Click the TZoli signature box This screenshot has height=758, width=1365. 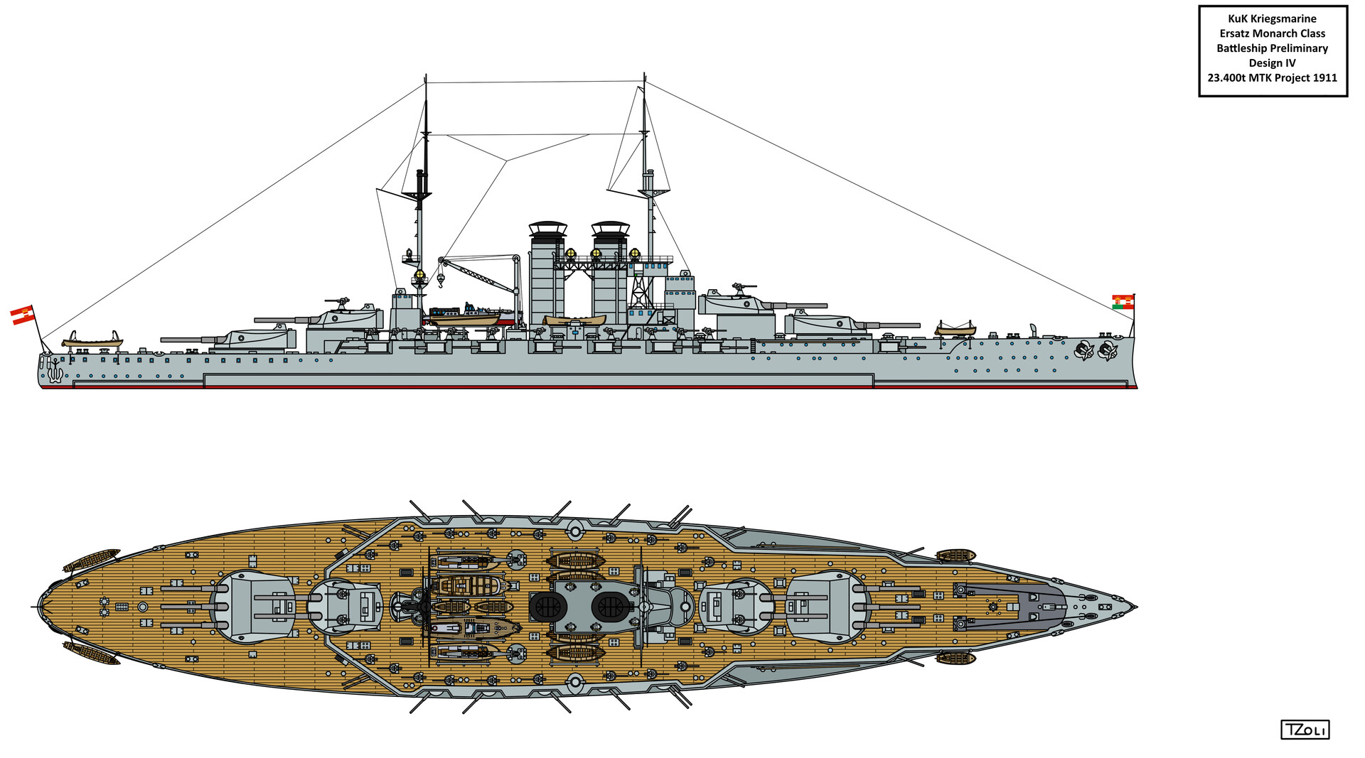coord(1305,730)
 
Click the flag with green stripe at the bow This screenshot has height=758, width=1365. coord(1123,301)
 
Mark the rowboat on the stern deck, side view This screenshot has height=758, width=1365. coord(92,340)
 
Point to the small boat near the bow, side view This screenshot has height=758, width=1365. coord(955,329)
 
